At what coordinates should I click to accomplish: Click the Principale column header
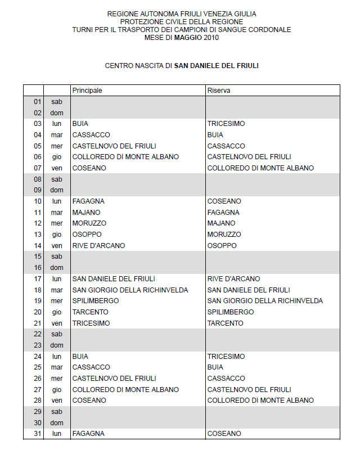[x=87, y=91]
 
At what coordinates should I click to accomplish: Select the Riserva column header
[x=219, y=91]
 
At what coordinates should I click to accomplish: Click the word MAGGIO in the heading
[x=176, y=38]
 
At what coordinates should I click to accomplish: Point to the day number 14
[x=38, y=246]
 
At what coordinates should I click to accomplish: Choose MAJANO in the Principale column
[x=86, y=213]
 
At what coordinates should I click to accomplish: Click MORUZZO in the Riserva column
[x=224, y=235]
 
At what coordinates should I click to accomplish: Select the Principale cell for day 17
[x=114, y=279]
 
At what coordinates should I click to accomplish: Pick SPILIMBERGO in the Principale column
[x=96, y=301]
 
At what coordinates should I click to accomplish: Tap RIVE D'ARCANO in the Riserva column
[x=233, y=279]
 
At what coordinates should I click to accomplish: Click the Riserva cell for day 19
[x=265, y=301]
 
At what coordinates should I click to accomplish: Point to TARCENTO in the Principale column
[x=91, y=312]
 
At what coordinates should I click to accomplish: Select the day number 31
[x=38, y=434]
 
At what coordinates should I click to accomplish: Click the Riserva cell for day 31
[x=224, y=434]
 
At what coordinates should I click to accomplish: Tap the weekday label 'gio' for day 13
[x=57, y=235]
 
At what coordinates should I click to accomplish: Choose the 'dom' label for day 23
[x=57, y=345]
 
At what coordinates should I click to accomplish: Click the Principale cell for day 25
[x=91, y=367]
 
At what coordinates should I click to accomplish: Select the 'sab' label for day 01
[x=57, y=102]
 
